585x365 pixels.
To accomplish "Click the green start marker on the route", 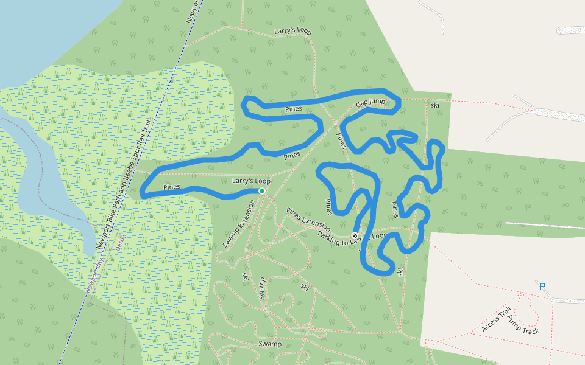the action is click(261, 191).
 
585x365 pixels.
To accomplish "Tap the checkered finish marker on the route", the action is click(355, 235).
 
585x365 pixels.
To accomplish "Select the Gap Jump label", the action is click(371, 103).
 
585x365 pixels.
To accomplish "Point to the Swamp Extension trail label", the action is click(238, 224).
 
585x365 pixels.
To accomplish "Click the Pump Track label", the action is click(523, 327).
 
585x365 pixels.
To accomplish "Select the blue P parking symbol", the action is click(542, 287).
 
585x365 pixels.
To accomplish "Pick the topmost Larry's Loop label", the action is click(292, 31).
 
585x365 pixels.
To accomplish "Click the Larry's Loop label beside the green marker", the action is click(251, 181).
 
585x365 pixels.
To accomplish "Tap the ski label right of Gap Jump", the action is click(435, 105).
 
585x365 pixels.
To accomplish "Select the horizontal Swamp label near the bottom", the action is click(270, 344).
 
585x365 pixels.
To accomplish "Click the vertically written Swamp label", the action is click(261, 288).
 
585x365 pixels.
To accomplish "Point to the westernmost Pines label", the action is click(172, 187).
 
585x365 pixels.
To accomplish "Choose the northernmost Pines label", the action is click(294, 109).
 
